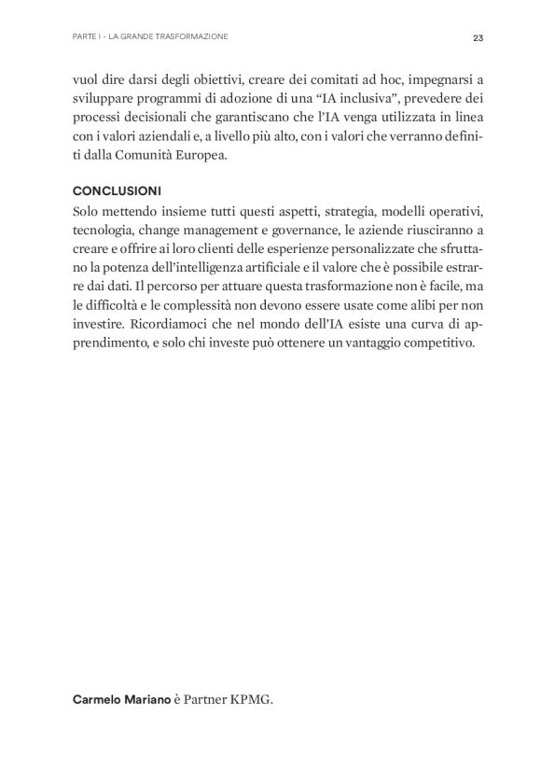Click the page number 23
click(x=478, y=38)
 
